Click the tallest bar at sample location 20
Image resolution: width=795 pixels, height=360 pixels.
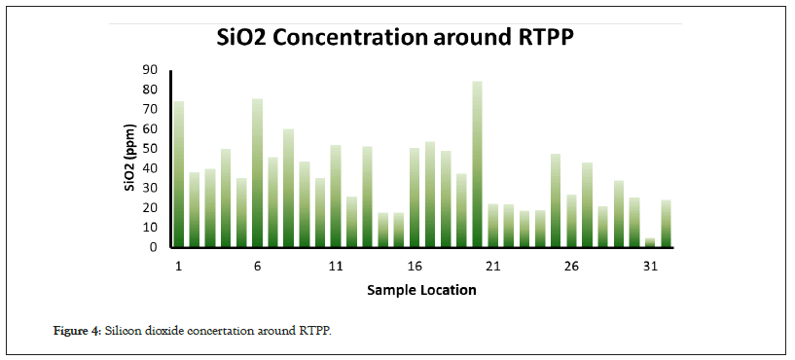pos(477,164)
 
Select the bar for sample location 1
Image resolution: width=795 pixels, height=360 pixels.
pos(178,174)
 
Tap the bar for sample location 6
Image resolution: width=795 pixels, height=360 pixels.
pos(257,173)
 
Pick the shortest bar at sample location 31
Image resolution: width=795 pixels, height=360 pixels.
pos(650,243)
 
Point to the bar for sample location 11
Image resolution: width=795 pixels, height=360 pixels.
pos(336,197)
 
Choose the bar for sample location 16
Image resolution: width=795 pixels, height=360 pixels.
pos(415,198)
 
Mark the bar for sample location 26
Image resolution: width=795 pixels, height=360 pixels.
pos(571,221)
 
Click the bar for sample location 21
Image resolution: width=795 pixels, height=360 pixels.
pos(492,226)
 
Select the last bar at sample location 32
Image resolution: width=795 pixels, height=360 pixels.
pos(666,224)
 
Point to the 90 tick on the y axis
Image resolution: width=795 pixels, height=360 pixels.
pos(152,69)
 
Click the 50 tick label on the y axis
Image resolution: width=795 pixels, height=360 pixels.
pos(152,149)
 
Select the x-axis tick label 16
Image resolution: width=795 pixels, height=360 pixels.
pos(415,267)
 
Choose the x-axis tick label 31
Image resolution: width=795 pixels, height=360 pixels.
pos(650,267)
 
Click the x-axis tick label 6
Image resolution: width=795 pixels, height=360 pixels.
pos(257,267)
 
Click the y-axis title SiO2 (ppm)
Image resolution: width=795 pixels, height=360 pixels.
pos(130,158)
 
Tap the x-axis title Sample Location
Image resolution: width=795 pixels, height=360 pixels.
pos(422,290)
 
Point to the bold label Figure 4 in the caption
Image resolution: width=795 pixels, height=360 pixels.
pos(78,332)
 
